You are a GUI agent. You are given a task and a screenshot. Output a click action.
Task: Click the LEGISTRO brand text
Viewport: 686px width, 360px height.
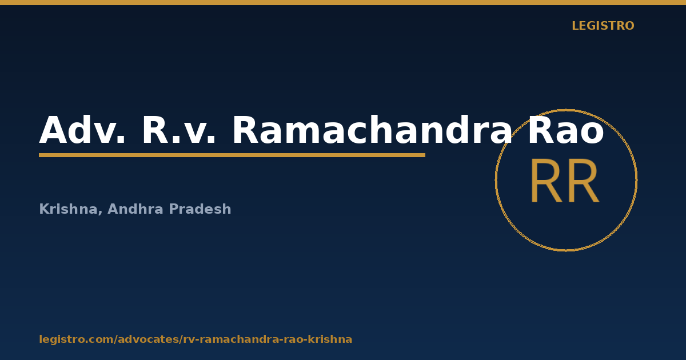click(603, 26)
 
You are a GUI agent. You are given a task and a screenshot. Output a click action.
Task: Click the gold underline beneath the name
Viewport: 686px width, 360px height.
click(232, 155)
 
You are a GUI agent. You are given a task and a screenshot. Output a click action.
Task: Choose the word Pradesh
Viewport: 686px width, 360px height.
click(200, 209)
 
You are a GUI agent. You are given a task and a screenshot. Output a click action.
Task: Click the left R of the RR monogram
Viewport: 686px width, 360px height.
click(547, 181)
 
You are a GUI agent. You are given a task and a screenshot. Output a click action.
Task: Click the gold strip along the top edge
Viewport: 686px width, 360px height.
click(343, 2)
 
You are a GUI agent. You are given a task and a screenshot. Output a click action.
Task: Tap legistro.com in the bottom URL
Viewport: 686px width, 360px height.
click(76, 339)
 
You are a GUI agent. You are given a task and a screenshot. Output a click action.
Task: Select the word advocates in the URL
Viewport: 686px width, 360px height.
click(149, 339)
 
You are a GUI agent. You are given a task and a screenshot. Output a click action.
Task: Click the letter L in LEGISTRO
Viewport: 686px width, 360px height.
click(576, 26)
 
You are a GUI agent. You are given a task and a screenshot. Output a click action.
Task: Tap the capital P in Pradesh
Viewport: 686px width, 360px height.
click(173, 209)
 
